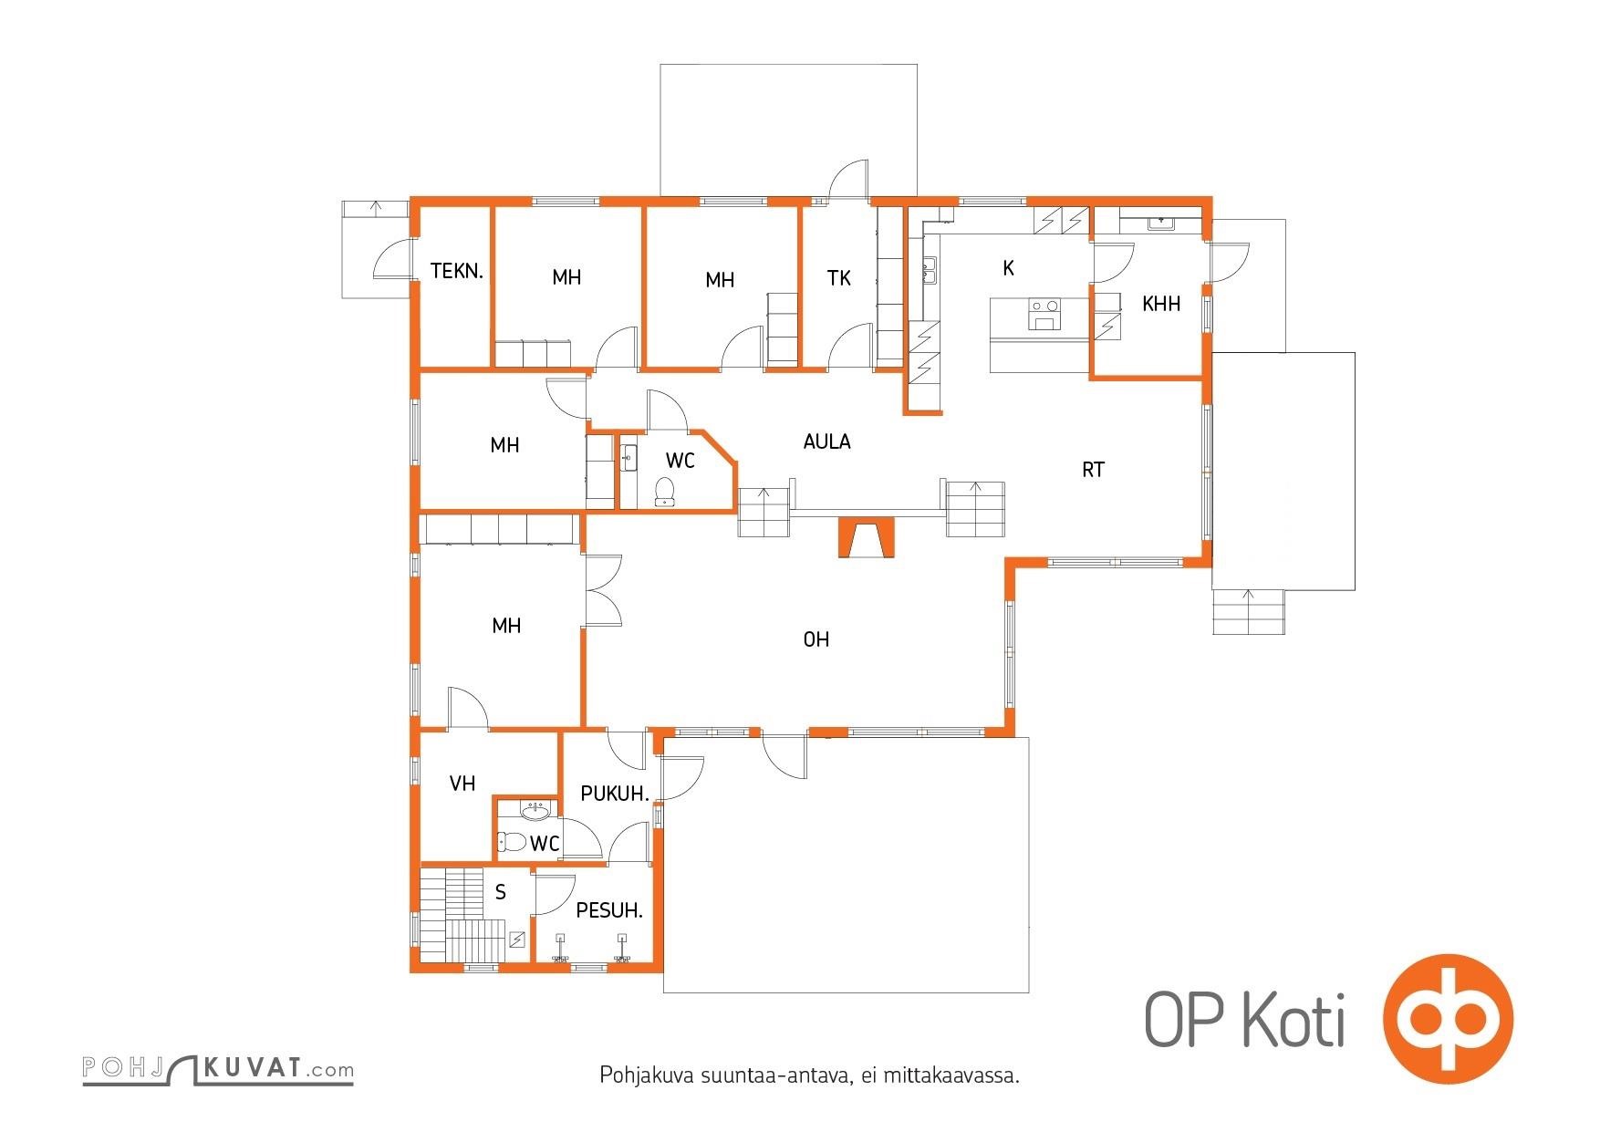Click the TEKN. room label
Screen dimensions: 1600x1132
pyautogui.click(x=456, y=271)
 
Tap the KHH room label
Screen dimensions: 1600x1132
pyautogui.click(x=1161, y=304)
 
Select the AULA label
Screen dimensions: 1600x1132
pyautogui.click(x=826, y=441)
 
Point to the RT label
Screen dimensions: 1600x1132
pyautogui.click(x=1093, y=470)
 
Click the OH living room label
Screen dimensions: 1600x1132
pyautogui.click(x=816, y=639)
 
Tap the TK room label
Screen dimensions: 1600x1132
pyautogui.click(x=838, y=278)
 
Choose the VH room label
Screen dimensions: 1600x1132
pyautogui.click(x=462, y=784)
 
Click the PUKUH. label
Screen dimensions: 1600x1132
pyautogui.click(x=615, y=794)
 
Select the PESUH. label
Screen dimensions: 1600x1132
pyautogui.click(x=609, y=910)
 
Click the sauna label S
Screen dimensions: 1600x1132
pyautogui.click(x=501, y=892)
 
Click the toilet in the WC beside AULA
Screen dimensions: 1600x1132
pyautogui.click(x=665, y=491)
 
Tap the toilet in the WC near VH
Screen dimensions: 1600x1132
pyautogui.click(x=512, y=841)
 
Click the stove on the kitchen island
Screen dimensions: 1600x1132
pyautogui.click(x=1045, y=315)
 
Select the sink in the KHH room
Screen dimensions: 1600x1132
pyautogui.click(x=1161, y=223)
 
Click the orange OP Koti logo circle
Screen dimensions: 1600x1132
pyautogui.click(x=1448, y=1018)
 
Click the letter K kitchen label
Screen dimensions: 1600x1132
pyautogui.click(x=1008, y=267)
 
